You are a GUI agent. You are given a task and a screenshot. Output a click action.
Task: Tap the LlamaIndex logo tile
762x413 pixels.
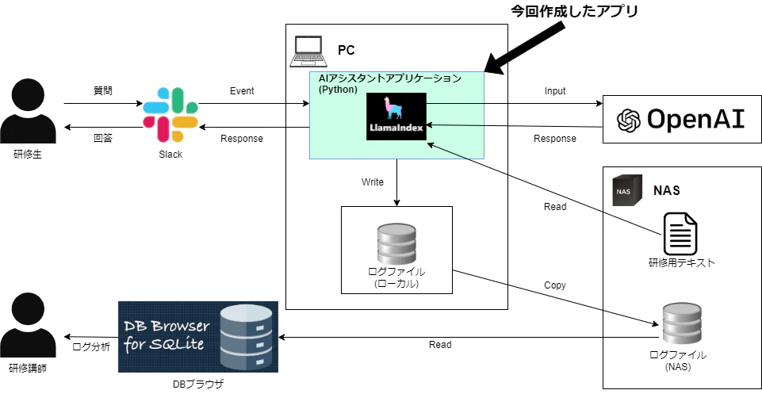pos(396,117)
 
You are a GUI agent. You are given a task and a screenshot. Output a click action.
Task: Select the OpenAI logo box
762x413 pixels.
pos(681,119)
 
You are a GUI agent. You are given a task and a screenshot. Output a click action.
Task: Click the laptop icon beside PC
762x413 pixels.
pos(307,50)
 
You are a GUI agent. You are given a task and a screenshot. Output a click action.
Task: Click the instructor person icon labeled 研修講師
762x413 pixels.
pos(28,325)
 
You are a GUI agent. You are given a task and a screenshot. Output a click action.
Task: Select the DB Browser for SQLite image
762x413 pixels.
pos(198,337)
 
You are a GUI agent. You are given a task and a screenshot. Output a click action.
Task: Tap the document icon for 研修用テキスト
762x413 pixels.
pos(680,232)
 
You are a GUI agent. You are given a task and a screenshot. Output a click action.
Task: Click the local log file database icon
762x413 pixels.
pos(396,243)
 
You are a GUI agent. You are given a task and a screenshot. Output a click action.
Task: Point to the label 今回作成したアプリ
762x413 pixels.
pos(573,12)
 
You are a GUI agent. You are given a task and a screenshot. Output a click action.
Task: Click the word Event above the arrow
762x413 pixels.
pos(242,91)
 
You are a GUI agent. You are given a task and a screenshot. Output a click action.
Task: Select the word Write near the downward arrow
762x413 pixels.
pos(373,182)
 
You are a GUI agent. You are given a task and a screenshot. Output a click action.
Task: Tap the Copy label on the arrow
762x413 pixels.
pos(555,285)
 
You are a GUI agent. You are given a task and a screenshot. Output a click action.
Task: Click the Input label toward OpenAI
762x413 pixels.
pos(555,91)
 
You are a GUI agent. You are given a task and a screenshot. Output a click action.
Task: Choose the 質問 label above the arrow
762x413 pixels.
pos(103,91)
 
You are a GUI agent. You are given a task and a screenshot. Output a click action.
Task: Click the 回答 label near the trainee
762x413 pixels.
pos(103,138)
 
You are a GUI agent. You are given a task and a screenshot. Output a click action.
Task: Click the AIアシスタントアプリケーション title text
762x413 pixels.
pos(389,78)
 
